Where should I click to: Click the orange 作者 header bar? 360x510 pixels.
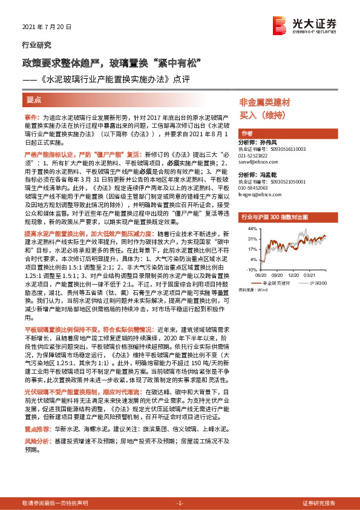(x=246, y=133)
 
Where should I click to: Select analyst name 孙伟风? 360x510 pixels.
(x=271, y=142)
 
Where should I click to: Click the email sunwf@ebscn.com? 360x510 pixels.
(x=257, y=163)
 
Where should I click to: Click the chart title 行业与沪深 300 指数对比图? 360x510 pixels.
(x=275, y=216)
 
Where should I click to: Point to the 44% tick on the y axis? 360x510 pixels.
(x=252, y=228)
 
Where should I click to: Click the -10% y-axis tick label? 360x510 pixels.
(x=252, y=268)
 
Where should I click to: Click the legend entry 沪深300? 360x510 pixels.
(x=319, y=282)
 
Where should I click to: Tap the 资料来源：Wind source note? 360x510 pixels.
(x=254, y=290)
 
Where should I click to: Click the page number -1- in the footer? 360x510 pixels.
(x=179, y=503)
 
